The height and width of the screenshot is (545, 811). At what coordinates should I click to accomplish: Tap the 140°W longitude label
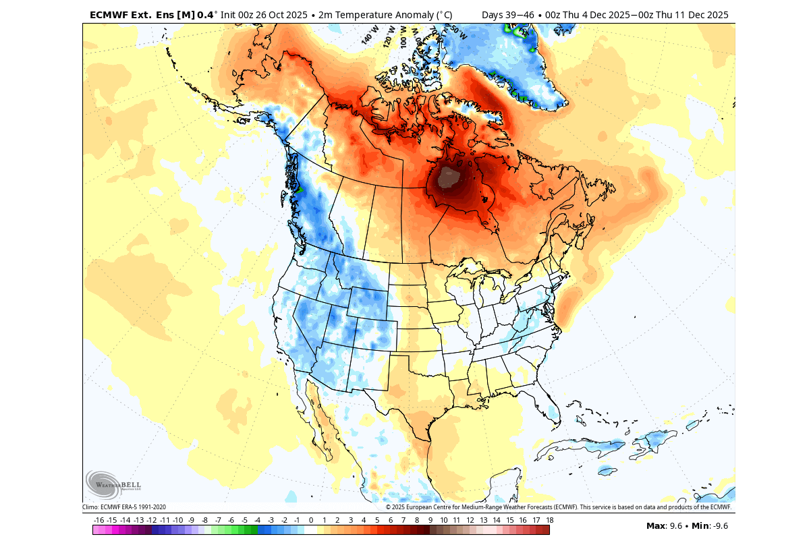tap(367, 36)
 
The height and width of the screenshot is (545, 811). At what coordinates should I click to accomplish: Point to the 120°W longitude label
tap(389, 34)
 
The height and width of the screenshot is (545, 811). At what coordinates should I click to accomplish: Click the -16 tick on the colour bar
tap(99, 520)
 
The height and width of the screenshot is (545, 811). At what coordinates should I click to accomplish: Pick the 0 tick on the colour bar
tap(310, 520)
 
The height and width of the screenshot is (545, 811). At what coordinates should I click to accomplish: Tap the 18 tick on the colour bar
tap(549, 520)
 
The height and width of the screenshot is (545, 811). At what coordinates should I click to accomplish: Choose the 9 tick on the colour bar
tap(430, 520)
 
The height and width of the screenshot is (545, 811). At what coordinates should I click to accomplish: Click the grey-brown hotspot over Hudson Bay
tap(448, 178)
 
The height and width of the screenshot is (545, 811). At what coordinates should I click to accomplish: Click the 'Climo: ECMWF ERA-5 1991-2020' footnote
tap(124, 507)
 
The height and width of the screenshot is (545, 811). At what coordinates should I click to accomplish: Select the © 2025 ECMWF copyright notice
tap(559, 507)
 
